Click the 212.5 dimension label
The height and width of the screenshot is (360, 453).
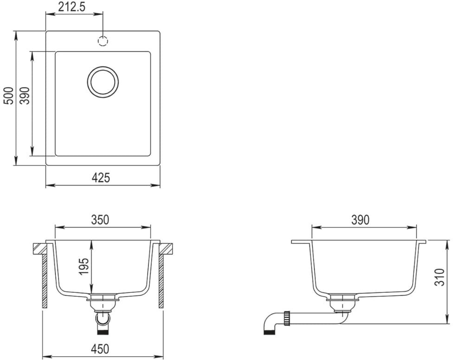72,7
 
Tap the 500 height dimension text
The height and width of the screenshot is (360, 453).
8,96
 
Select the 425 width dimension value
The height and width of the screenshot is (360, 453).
101,178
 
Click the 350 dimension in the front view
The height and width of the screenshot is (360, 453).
100,220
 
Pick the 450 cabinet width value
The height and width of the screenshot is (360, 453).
100,349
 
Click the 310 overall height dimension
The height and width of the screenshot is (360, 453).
440,277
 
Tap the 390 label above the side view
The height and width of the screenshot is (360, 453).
360,220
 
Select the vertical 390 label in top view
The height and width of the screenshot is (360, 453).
26,96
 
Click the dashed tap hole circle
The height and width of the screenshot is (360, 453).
103,41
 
